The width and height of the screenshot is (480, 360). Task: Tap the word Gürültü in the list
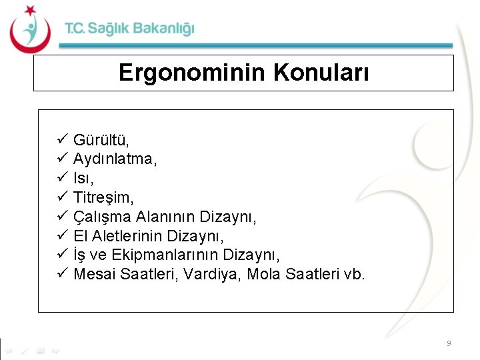100,140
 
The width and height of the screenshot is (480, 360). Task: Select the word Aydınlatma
114,159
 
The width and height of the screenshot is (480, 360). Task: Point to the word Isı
83,179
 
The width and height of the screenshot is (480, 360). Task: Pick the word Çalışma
102,217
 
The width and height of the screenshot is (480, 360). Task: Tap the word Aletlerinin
134,236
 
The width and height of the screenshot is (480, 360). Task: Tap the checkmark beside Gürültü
61,140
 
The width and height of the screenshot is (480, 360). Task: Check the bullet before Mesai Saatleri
61,275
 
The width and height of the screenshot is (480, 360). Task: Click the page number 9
449,343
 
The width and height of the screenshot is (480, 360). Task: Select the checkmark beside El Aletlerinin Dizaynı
61,236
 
